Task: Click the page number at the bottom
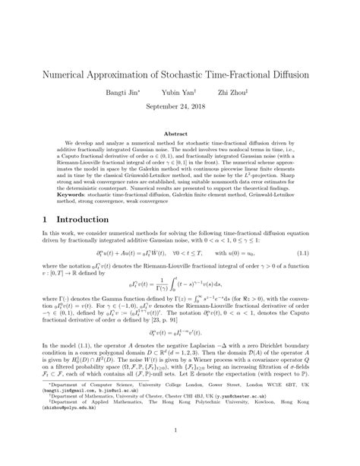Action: (x=180, y=452)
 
